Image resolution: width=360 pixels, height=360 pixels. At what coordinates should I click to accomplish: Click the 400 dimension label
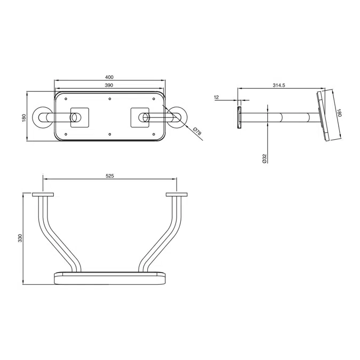pyautogui.click(x=109, y=77)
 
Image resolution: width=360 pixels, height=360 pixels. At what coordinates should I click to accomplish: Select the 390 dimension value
pyautogui.click(x=109, y=85)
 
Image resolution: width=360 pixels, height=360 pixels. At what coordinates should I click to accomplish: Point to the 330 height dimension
pyautogui.click(x=20, y=238)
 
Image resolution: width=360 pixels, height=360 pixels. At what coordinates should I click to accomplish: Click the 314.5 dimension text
pyautogui.click(x=278, y=85)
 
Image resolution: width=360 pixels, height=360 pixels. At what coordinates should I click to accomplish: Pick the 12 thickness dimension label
pyautogui.click(x=217, y=97)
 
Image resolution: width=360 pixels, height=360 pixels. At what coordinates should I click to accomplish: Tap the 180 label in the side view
pyautogui.click(x=339, y=114)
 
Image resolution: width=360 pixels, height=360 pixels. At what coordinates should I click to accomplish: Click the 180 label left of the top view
pyautogui.click(x=24, y=117)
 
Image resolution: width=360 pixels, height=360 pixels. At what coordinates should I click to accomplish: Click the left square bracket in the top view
pyautogui.click(x=78, y=117)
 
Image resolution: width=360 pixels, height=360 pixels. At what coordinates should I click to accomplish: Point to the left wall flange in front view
pyautogui.click(x=43, y=195)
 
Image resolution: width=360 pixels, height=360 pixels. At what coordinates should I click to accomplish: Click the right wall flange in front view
pyautogui.click(x=177, y=195)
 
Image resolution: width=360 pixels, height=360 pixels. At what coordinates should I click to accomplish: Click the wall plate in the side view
pyautogui.click(x=239, y=117)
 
